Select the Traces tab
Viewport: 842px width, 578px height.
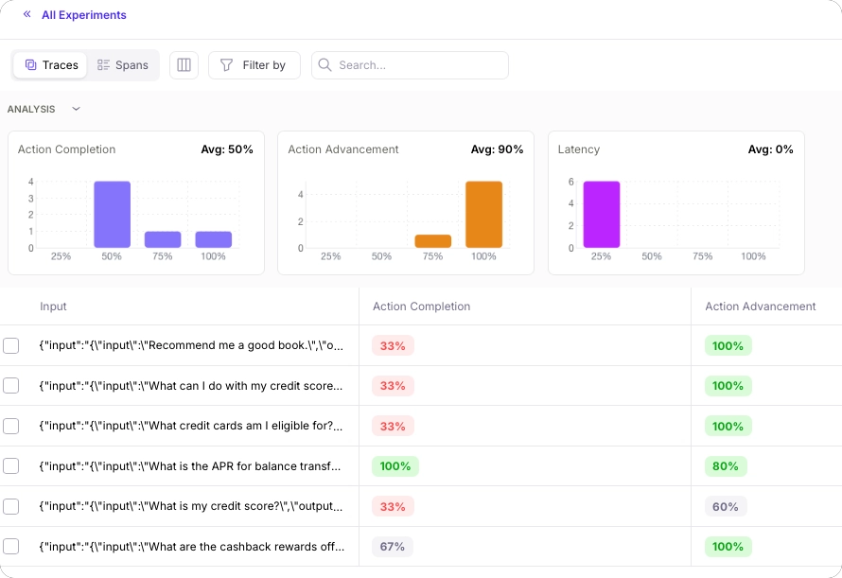51,65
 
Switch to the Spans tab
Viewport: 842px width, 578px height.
123,65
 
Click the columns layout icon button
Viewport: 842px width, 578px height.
184,65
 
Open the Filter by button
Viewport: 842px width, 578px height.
254,65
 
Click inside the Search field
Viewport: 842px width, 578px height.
416,65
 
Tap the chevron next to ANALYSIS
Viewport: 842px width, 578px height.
77,109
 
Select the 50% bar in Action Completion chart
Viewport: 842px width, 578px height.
112,215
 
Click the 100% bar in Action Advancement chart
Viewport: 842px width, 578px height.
483,215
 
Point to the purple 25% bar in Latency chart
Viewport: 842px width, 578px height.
601,215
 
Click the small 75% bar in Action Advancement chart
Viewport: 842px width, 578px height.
433,241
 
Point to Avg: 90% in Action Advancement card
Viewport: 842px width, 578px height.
497,149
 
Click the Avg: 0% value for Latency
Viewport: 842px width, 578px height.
770,149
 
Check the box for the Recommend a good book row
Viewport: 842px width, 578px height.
11,346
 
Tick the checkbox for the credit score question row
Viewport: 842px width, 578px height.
11,506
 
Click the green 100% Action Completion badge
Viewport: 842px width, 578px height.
395,466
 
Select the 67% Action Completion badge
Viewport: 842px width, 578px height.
393,547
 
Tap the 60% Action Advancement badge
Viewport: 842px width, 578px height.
726,506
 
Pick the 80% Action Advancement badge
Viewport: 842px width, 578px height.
726,466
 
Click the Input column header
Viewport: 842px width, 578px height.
53,307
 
